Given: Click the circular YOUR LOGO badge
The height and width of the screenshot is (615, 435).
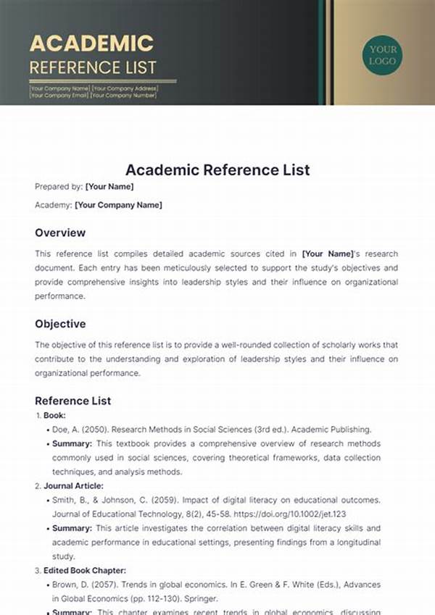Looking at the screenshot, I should click(x=383, y=54).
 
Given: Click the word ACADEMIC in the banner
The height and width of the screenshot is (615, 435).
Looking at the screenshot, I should click(x=91, y=43).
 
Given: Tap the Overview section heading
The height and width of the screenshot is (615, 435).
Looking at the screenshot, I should click(x=60, y=233).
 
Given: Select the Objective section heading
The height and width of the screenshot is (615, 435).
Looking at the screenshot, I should click(x=60, y=324).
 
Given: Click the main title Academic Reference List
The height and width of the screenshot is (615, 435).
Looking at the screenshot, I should click(x=217, y=170).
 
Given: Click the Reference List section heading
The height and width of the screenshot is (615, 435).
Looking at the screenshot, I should click(x=73, y=401).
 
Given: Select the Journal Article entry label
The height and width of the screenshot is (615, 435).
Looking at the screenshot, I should click(x=73, y=486).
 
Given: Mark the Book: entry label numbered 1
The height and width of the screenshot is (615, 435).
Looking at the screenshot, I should click(x=54, y=416).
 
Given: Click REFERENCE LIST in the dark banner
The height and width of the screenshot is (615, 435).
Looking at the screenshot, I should click(x=92, y=67).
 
